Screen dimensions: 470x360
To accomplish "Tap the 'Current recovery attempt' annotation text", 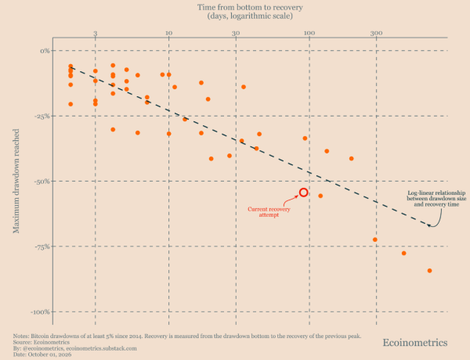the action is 269,212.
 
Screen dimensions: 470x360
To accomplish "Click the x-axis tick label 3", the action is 96,33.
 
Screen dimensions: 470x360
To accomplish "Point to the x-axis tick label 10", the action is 168,33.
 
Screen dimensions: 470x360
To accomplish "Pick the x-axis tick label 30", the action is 236,33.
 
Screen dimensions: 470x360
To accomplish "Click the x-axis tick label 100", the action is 309,33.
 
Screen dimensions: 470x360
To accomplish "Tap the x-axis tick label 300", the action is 376,33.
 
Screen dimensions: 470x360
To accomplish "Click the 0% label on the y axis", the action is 45,51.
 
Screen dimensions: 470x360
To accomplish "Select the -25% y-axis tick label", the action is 42,116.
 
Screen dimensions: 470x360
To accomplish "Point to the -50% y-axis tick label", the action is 42,182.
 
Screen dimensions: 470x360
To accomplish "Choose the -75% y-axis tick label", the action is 42,247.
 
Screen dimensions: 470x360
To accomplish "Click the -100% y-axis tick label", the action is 41,311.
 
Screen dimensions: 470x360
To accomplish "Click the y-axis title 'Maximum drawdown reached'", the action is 16,181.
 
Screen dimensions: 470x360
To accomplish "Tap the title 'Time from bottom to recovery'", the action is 250,7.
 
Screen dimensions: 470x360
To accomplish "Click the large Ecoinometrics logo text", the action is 415,342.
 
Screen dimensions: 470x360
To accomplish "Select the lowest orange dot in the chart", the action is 429,271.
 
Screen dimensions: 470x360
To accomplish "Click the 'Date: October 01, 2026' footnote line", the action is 42,355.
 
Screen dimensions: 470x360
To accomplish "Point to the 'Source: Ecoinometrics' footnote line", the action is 41,342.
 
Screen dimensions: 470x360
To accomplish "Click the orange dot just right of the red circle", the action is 320,196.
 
